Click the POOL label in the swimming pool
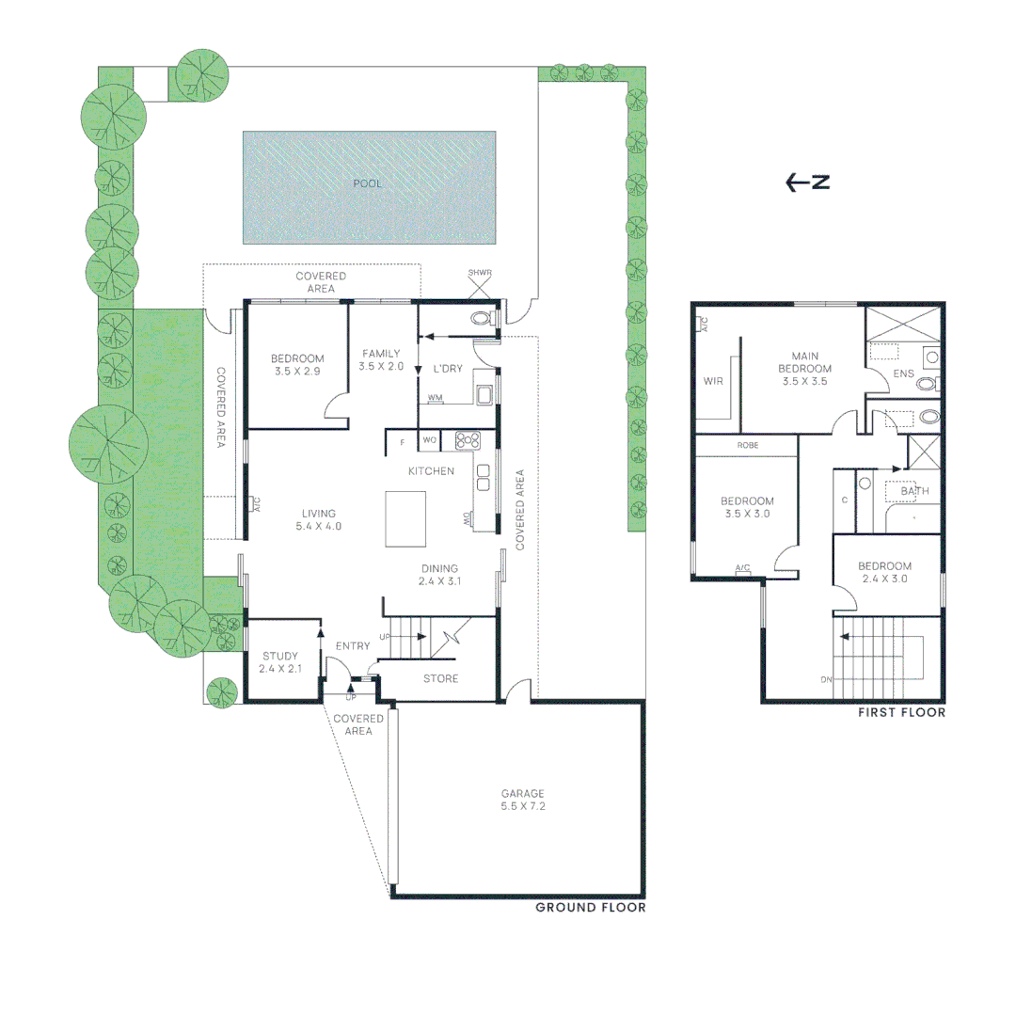click(367, 183)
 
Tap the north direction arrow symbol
click(807, 183)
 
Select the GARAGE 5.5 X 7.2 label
click(522, 800)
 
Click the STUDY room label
click(279, 662)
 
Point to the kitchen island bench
click(405, 518)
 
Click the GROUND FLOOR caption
click(590, 908)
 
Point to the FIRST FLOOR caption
click(900, 713)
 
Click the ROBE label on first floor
click(748, 445)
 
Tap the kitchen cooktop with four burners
click(468, 440)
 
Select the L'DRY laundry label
click(447, 369)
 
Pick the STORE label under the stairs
click(440, 678)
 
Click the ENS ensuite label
click(902, 373)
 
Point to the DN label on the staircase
click(825, 679)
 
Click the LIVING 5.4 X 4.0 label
click(320, 519)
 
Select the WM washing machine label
click(435, 399)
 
